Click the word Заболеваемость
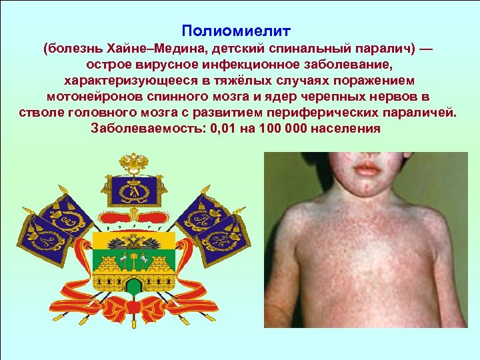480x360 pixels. pyautogui.click(x=145, y=127)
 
